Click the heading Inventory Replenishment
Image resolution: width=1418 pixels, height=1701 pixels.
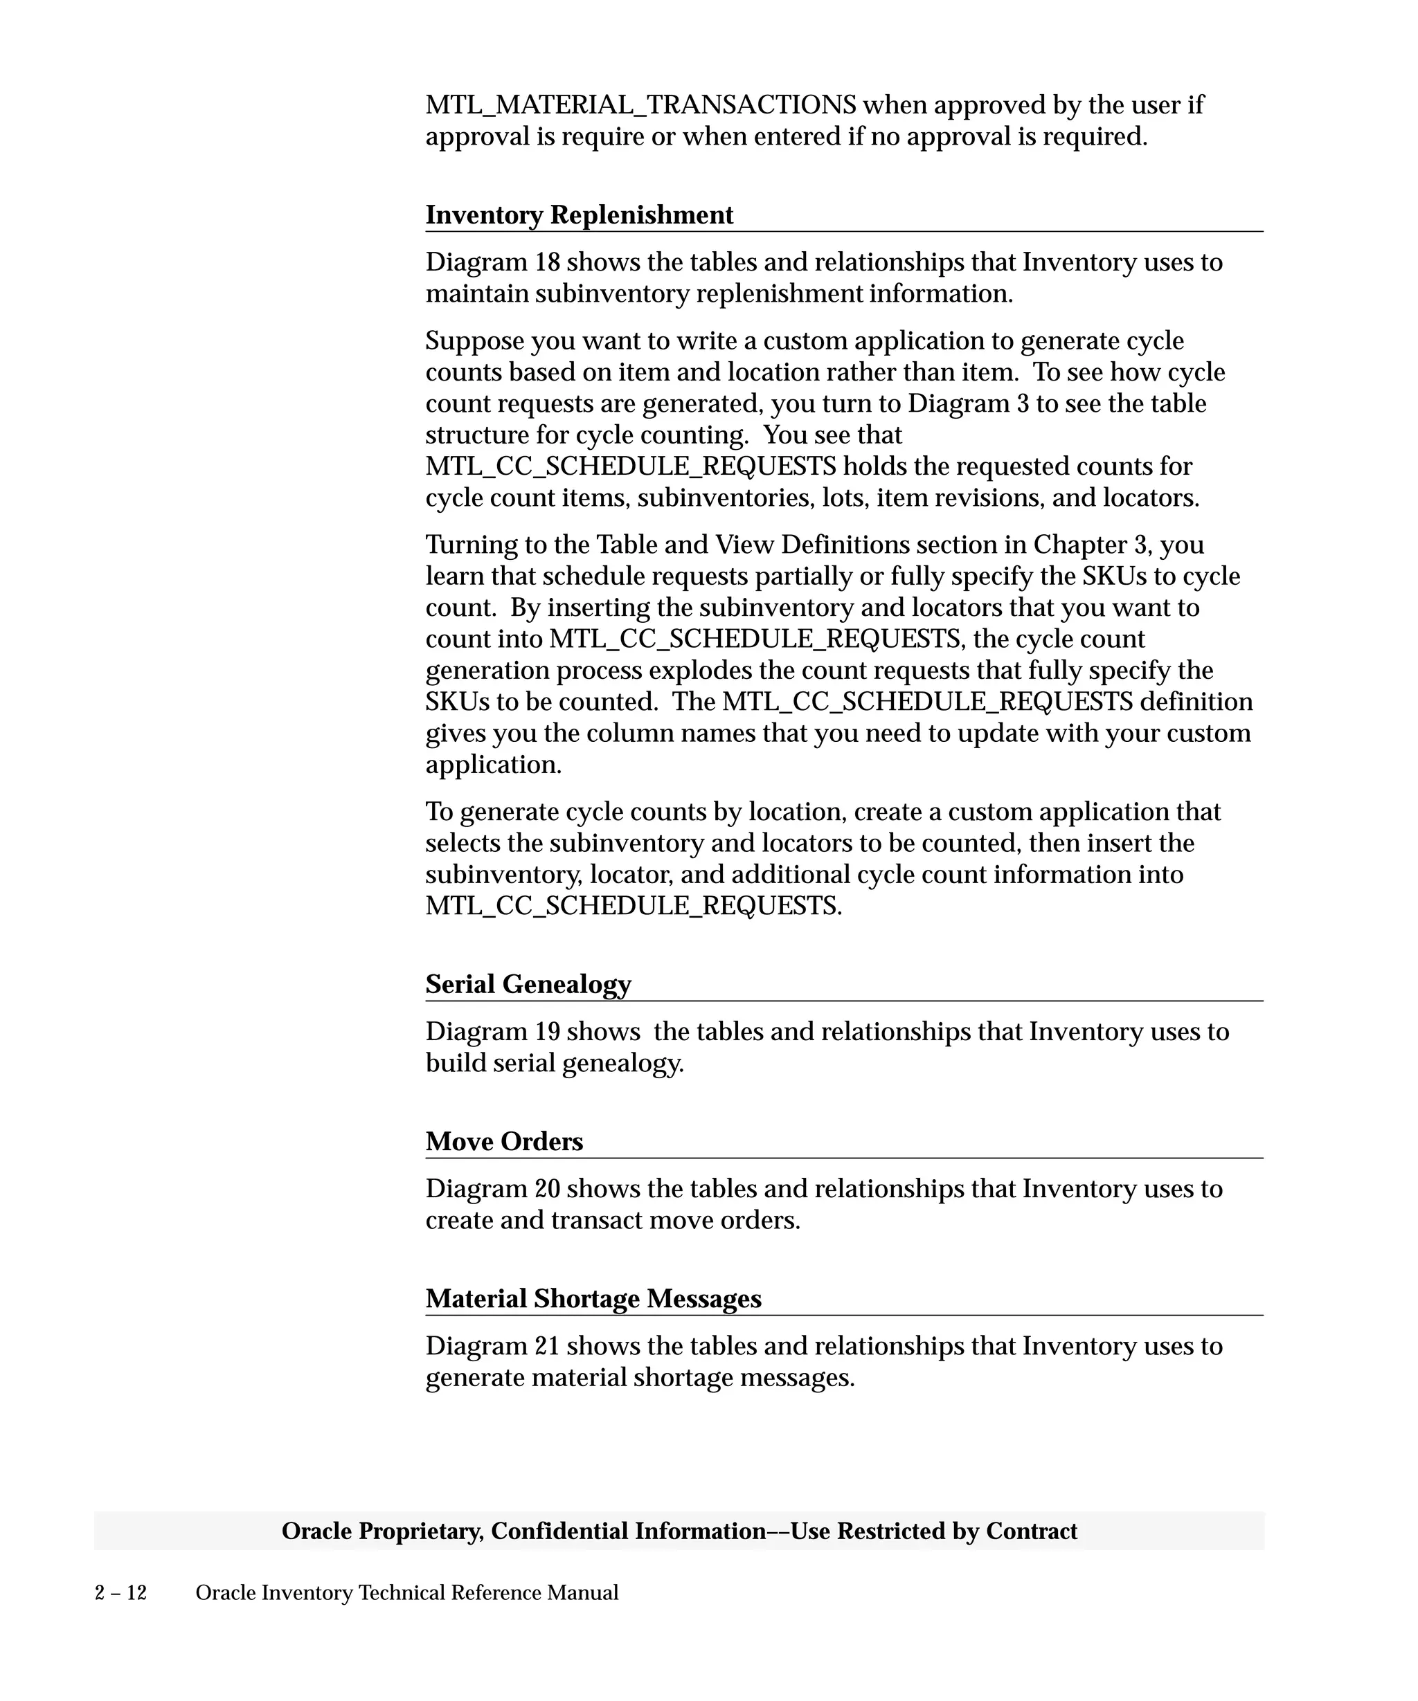click(579, 215)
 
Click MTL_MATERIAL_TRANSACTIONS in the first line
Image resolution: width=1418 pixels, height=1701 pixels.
click(640, 104)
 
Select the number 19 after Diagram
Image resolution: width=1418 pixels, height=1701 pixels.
click(547, 1031)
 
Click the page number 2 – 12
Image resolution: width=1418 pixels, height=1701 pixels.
click(120, 1592)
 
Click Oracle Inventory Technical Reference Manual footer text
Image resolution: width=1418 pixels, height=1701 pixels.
click(406, 1592)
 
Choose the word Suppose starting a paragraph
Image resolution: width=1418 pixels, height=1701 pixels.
click(474, 340)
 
